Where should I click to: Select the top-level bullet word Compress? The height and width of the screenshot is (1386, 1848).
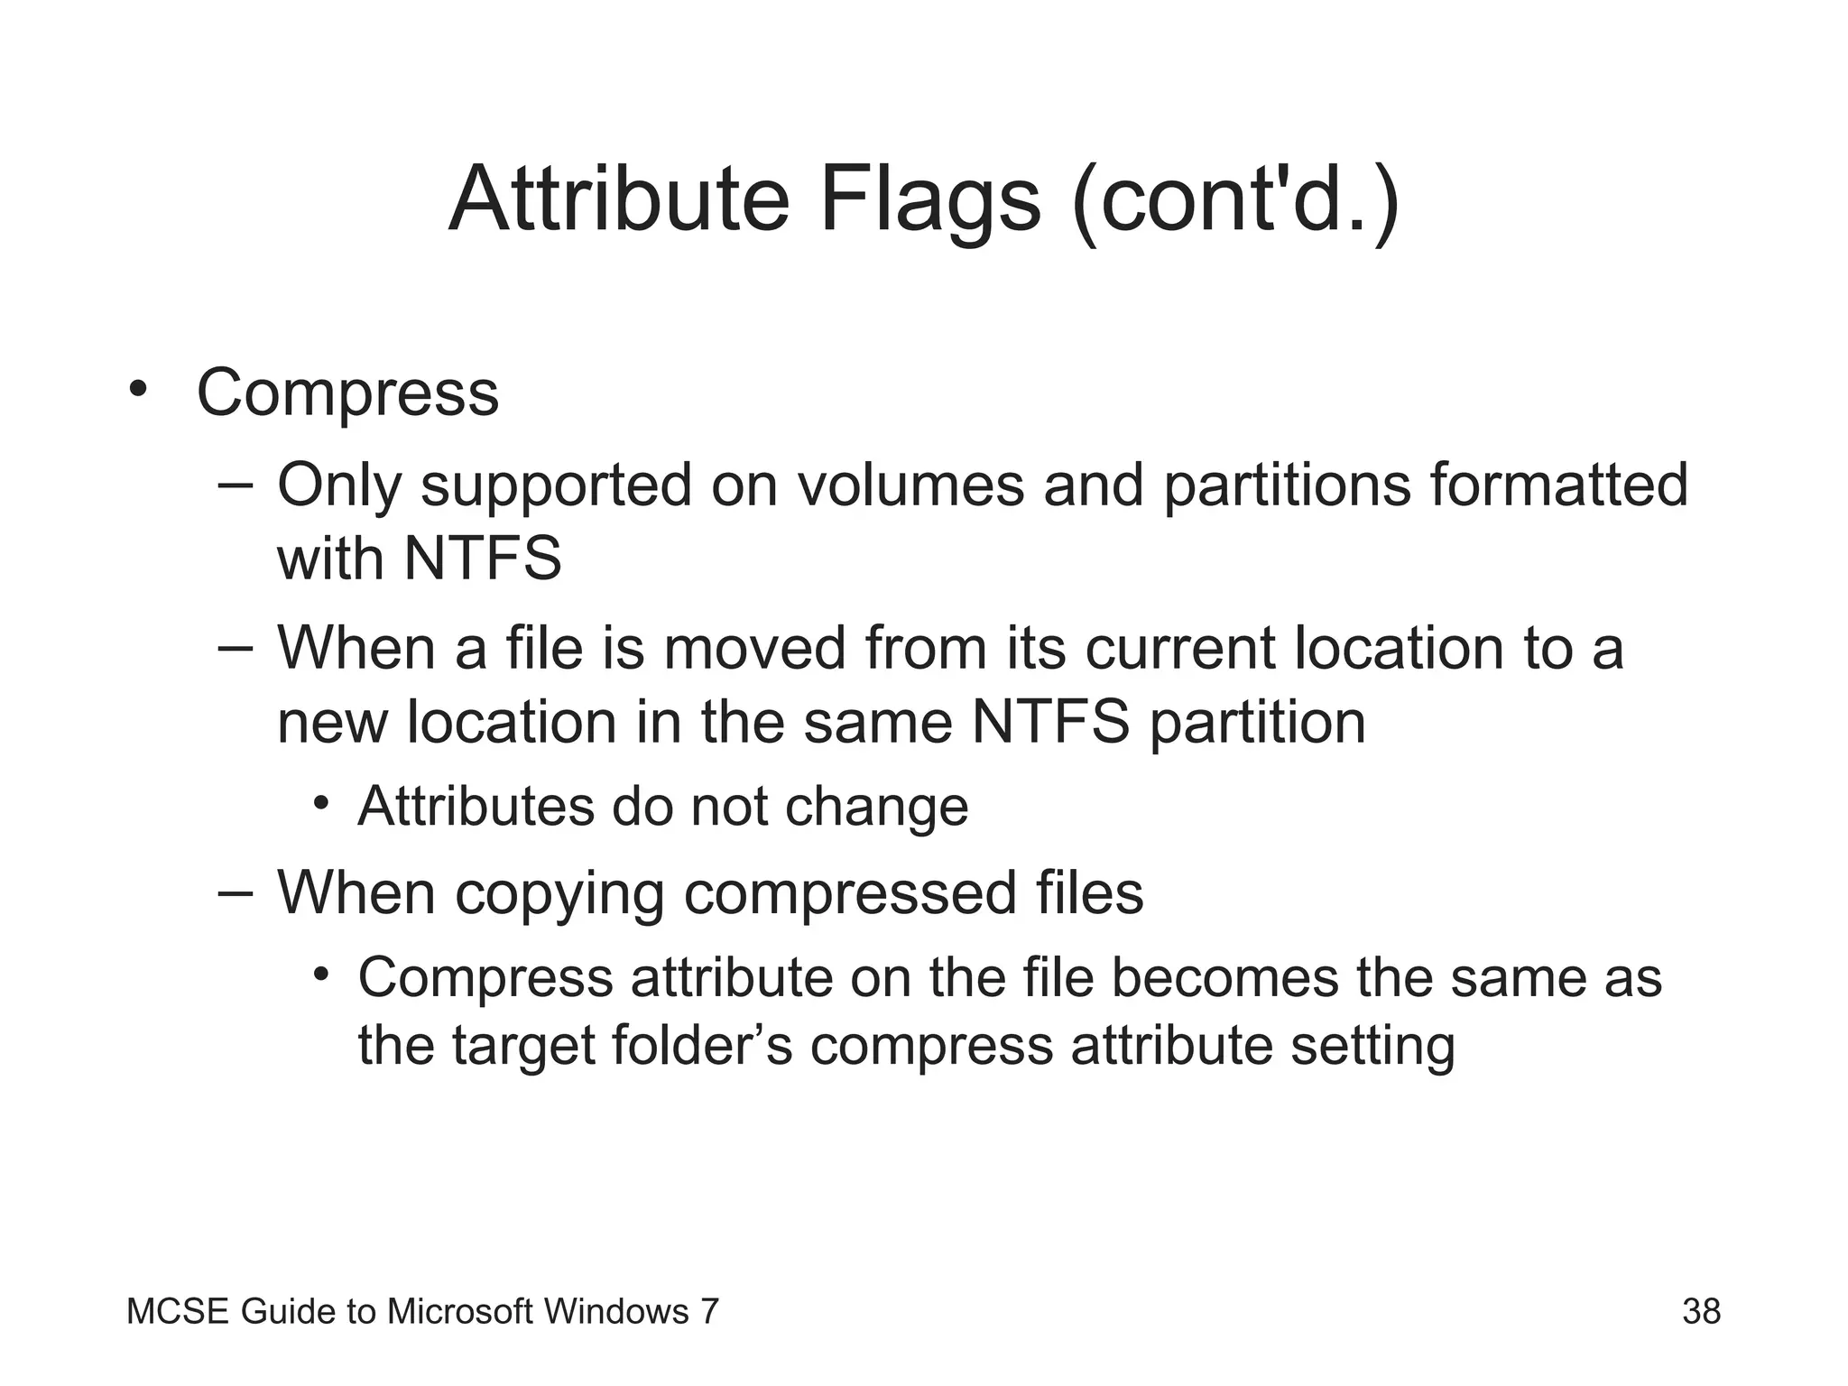[347, 393]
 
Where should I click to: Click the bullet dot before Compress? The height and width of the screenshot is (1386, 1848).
[137, 390]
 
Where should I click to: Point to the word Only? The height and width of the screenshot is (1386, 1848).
[338, 485]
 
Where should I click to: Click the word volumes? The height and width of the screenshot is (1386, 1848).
[910, 485]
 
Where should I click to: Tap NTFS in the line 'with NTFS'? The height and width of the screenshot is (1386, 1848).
[483, 559]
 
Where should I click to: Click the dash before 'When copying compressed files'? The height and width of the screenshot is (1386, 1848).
[236, 892]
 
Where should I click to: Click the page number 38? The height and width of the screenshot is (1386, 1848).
[1701, 1311]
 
